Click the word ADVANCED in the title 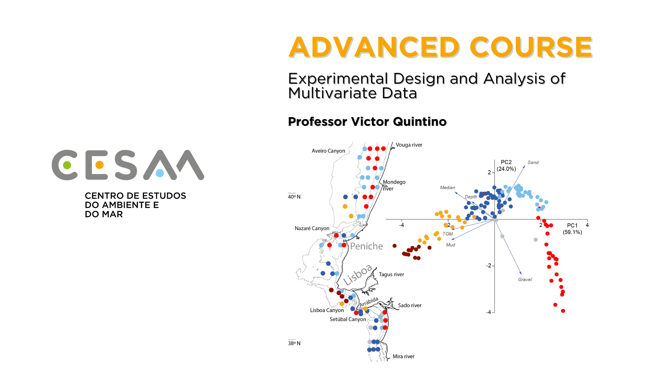click(374, 47)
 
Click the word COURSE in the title click(531, 47)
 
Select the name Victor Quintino click(399, 122)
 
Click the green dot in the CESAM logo click(67, 165)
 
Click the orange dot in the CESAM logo click(99, 165)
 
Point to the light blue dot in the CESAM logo click(160, 173)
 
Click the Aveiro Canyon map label click(328, 151)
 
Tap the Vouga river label click(409, 145)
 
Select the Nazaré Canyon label click(312, 228)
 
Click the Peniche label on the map click(366, 246)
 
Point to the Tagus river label click(391, 275)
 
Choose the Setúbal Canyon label click(348, 319)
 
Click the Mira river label click(403, 356)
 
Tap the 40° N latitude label click(294, 197)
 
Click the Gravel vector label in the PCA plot click(525, 280)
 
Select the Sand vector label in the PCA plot click(533, 163)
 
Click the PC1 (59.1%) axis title click(572, 229)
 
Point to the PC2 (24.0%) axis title click(506, 165)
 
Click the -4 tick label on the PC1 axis click(401, 225)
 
